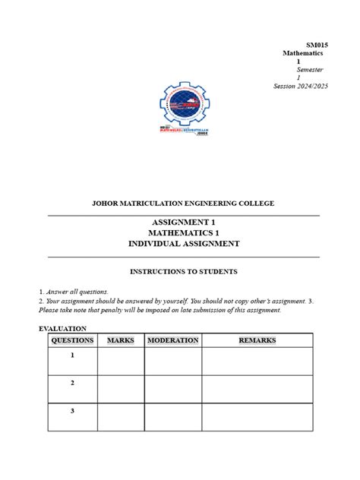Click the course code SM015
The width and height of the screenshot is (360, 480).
point(317,45)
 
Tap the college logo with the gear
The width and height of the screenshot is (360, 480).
point(185,106)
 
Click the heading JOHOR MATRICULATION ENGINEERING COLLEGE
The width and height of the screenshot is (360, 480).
point(183,204)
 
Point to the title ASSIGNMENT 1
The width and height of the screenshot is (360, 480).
point(183,221)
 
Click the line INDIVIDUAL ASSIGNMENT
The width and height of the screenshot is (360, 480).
point(183,244)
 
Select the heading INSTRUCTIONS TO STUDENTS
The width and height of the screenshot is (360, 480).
point(183,271)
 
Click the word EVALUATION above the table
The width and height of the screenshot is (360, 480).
point(63,328)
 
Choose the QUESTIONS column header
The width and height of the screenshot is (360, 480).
point(72,340)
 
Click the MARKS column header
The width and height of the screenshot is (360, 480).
point(120,340)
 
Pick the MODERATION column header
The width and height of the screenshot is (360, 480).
point(172,340)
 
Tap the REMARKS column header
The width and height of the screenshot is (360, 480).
point(257,340)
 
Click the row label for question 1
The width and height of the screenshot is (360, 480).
point(72,355)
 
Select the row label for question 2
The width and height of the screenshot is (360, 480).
point(72,384)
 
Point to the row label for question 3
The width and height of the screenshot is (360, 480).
point(72,411)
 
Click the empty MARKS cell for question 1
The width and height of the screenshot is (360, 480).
point(120,361)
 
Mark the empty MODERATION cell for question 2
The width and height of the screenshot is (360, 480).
point(172,389)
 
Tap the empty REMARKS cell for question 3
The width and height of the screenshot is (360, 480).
point(257,417)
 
